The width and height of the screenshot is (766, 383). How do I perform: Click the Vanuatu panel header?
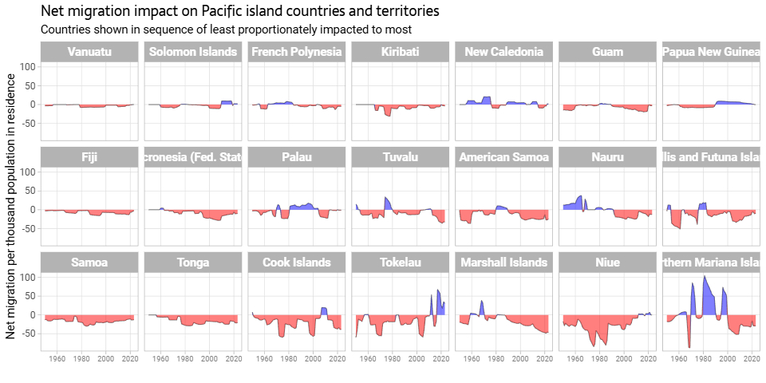(x=89, y=53)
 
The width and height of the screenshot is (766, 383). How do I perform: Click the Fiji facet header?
(x=89, y=157)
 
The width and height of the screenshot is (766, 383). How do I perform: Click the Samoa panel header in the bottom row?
(x=89, y=263)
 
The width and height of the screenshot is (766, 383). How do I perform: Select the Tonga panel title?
(x=193, y=263)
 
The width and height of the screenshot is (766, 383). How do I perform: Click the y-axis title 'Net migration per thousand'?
(x=11, y=206)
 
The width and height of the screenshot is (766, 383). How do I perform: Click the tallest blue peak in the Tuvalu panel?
(x=386, y=198)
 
